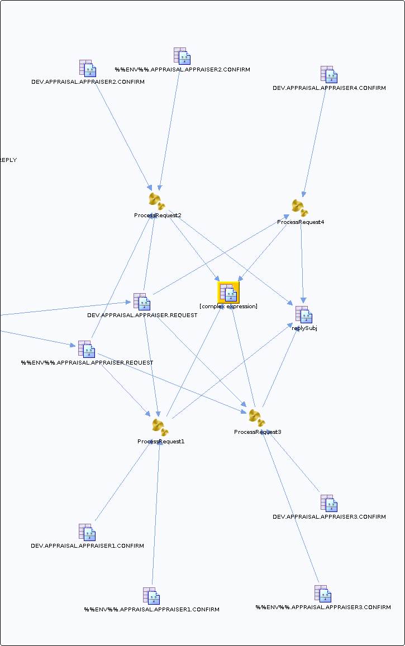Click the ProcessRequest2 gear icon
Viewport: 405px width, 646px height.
point(157,202)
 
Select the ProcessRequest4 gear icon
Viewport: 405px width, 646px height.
point(300,208)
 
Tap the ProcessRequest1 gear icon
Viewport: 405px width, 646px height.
point(160,427)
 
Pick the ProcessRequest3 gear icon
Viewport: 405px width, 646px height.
point(257,418)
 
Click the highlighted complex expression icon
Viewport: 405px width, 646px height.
point(228,293)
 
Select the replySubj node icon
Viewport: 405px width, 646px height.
point(304,315)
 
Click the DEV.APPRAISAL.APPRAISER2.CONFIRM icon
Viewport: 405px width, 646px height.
point(88,68)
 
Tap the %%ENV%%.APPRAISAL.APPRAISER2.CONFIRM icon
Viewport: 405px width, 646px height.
point(182,56)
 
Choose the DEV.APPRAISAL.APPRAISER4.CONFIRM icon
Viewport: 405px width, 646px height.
point(329,75)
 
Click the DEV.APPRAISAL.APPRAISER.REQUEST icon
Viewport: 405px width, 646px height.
point(142,302)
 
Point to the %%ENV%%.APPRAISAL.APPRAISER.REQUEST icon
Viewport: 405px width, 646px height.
point(87,350)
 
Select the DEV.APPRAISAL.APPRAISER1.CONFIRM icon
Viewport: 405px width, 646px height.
point(87,532)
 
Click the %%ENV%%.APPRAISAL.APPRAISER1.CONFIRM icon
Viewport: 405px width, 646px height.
point(151,596)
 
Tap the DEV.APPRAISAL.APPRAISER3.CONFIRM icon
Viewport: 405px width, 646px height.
point(329,504)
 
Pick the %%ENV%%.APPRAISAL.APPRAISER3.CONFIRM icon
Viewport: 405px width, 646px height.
point(323,594)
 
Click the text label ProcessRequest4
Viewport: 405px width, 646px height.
point(301,222)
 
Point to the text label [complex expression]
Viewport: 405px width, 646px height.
point(228,307)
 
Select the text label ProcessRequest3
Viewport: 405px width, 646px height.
point(258,432)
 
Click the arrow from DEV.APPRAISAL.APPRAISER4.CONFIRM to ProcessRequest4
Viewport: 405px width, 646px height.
point(315,144)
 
